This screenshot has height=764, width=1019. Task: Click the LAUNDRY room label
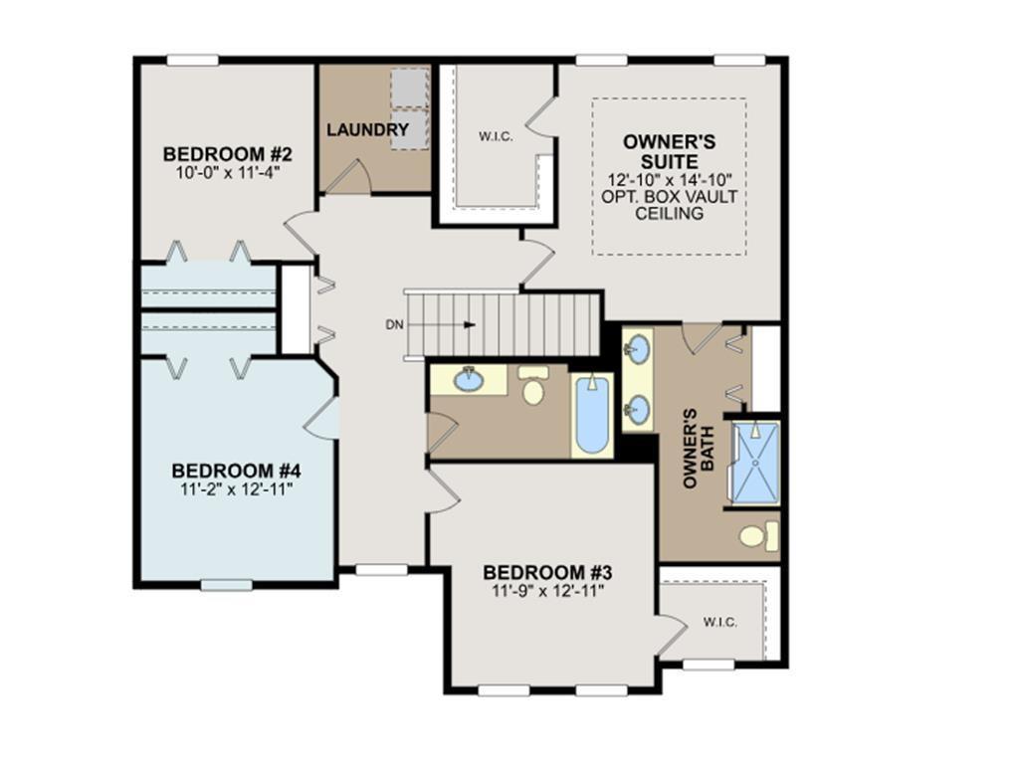367,130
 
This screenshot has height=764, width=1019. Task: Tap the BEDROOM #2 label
228,154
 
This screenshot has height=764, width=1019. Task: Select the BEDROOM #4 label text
236,471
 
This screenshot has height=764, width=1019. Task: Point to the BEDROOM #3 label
548,573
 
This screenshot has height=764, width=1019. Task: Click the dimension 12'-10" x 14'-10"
670,179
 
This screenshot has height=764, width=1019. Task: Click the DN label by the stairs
394,325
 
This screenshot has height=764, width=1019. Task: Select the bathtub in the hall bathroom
592,416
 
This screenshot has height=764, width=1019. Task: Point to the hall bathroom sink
468,379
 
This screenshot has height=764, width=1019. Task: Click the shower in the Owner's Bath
756,463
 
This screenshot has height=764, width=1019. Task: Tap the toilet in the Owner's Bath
759,536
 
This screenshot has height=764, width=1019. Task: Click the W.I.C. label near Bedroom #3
720,623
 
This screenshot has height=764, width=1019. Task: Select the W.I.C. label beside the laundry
496,136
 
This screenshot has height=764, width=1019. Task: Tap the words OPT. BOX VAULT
670,196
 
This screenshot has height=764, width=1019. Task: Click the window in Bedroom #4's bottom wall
226,585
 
